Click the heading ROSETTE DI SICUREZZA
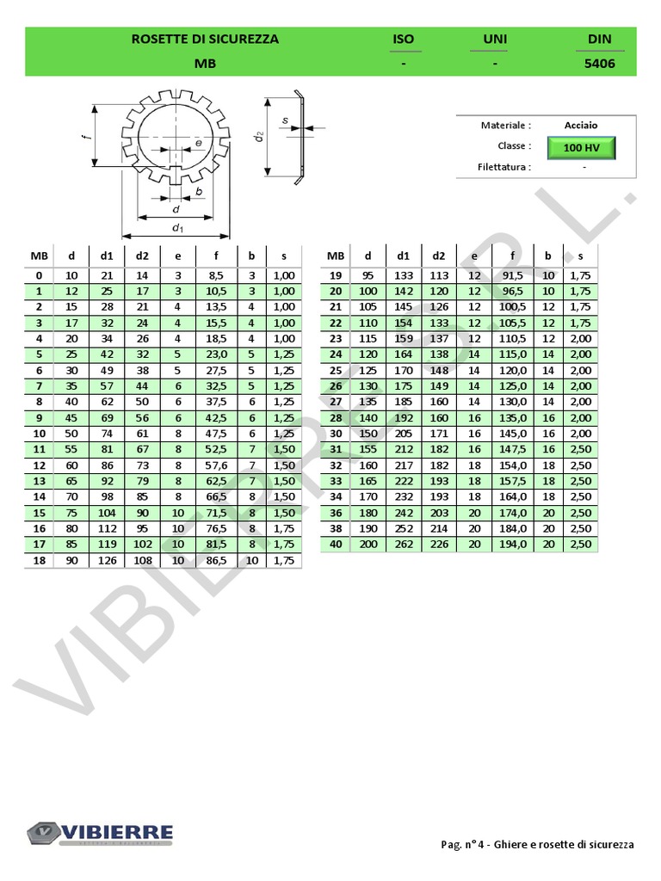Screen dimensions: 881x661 pos(205,39)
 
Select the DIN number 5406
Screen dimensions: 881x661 pos(600,64)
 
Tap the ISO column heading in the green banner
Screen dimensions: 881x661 pos(403,39)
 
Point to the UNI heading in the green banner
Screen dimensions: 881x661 pos(495,39)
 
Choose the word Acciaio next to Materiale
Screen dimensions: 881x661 pos(581,126)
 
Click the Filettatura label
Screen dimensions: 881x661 pos(503,167)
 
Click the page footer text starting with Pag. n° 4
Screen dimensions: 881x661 pos(532,845)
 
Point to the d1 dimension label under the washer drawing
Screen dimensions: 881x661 pos(177,228)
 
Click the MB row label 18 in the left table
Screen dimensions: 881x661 pos(39,560)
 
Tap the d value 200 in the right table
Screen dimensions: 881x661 pos(368,545)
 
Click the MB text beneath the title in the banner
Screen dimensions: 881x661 pos(205,64)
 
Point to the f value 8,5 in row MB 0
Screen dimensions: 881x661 pos(217,275)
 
